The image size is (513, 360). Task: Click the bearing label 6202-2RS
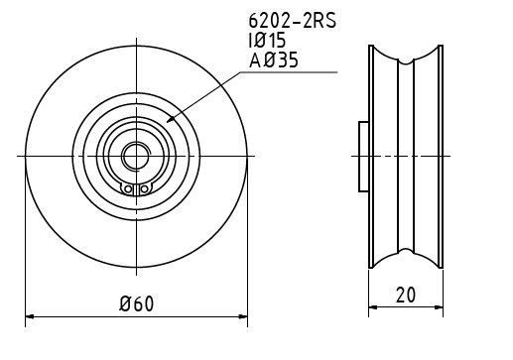point(293,21)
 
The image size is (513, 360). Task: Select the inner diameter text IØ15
point(267,41)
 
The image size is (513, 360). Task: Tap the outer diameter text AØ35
point(274,60)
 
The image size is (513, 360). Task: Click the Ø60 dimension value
point(137,303)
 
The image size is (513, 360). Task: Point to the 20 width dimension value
point(406,295)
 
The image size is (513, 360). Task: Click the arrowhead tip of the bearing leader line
point(167,122)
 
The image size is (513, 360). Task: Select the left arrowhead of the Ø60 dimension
point(30,316)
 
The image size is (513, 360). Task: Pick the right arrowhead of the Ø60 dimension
point(243,316)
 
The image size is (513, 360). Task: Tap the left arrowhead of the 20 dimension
point(373,307)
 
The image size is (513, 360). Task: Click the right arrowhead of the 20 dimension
point(439,307)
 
